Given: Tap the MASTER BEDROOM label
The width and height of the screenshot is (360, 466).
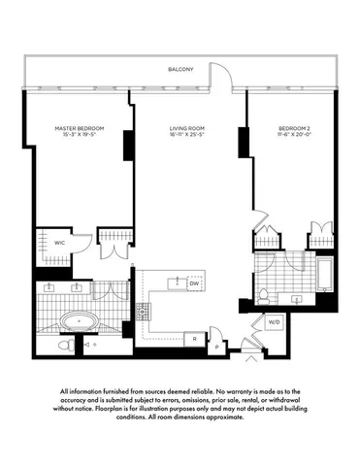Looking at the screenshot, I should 79,128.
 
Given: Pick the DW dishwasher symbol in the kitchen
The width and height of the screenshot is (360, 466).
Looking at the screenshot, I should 194,283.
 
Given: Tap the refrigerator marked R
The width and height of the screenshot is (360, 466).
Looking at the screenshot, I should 196,338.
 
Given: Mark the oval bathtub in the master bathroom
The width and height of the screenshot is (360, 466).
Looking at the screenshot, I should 76,319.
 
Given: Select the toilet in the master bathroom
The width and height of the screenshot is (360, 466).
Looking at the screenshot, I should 63,345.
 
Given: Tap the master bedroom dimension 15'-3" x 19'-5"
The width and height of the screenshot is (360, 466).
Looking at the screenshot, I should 79,137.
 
